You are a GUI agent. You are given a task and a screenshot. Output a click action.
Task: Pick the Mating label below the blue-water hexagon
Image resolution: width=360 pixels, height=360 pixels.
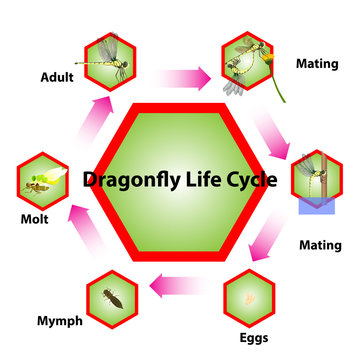tap(320, 245)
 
